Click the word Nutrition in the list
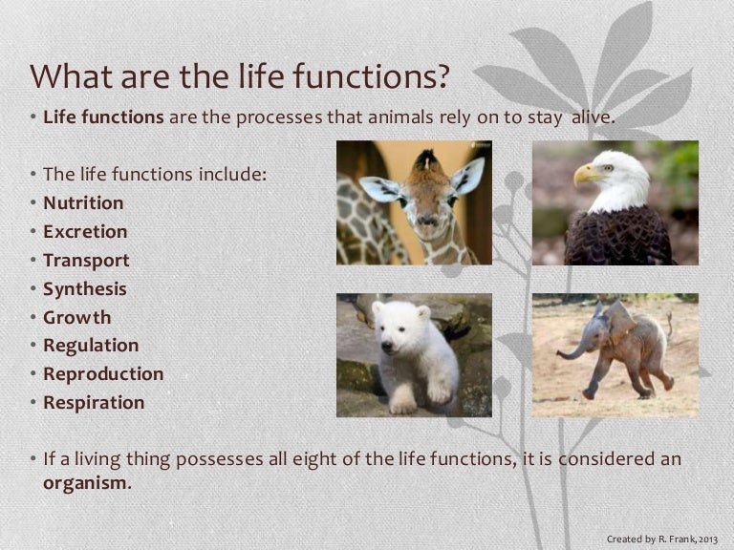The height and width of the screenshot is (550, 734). [83, 203]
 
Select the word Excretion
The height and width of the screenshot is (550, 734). [85, 231]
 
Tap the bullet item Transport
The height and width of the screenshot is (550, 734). [86, 261]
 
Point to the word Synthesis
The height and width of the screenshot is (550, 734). [85, 289]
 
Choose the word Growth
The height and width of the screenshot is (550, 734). [77, 318]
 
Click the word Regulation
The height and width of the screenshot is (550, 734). [91, 346]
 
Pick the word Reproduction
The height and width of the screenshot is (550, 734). [103, 374]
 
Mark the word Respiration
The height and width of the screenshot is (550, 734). [94, 403]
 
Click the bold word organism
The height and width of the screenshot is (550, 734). [85, 483]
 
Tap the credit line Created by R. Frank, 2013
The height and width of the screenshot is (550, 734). [662, 539]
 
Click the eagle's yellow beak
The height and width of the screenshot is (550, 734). [585, 174]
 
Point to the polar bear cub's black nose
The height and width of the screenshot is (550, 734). [387, 347]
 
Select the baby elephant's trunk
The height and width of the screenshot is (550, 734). [573, 349]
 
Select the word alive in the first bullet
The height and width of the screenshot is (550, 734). [594, 116]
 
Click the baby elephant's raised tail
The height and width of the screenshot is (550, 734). [670, 324]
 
